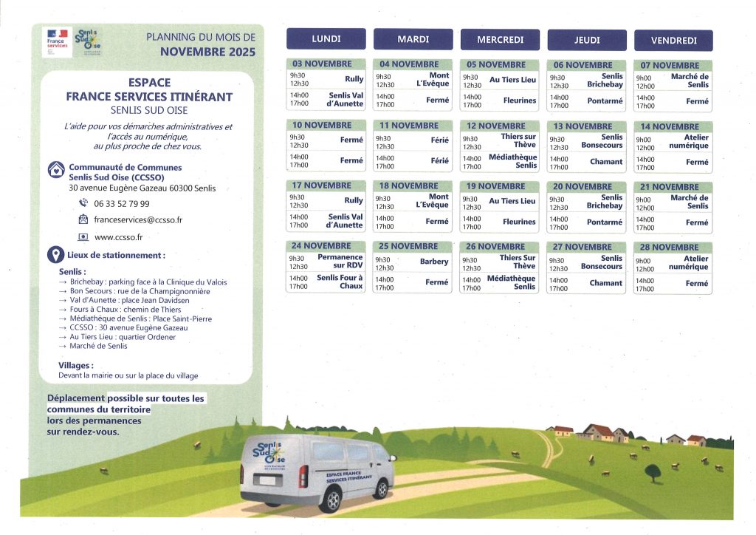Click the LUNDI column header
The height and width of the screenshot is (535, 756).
pyautogui.click(x=326, y=39)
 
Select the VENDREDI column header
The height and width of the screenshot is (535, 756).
pyautogui.click(x=673, y=41)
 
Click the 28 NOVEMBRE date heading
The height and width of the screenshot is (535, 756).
pyautogui.click(x=673, y=247)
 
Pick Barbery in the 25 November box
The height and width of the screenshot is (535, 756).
pyautogui.click(x=434, y=262)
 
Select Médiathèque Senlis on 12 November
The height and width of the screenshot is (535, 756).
pyautogui.click(x=512, y=161)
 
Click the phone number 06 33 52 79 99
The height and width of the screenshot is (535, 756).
pyautogui.click(x=121, y=203)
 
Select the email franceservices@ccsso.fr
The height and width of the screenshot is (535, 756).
pyautogui.click(x=137, y=219)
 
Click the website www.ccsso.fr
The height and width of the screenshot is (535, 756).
pyautogui.click(x=118, y=237)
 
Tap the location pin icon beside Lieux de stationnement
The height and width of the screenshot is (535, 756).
pyautogui.click(x=55, y=255)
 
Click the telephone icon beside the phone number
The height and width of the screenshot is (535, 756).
pyautogui.click(x=83, y=203)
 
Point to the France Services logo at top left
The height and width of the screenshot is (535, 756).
pyautogui.click(x=55, y=41)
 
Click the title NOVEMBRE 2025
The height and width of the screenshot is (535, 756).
pyautogui.click(x=207, y=52)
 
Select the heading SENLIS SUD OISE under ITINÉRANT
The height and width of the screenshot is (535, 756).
pyautogui.click(x=148, y=109)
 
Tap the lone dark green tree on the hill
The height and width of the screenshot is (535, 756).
pyautogui.click(x=652, y=471)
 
